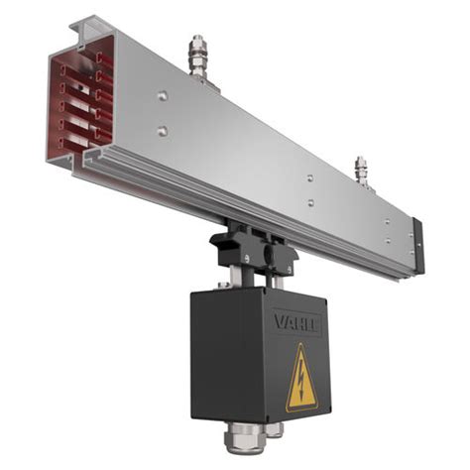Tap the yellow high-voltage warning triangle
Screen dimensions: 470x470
pyautogui.click(x=301, y=380)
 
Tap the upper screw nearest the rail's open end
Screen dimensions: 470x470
pyautogui.click(x=163, y=97)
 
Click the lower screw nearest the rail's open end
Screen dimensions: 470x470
pyautogui.click(x=163, y=130)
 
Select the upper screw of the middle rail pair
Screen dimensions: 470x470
pyautogui.click(x=310, y=178)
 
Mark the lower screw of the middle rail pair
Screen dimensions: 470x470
pyautogui.click(x=310, y=202)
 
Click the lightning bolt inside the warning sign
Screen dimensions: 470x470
pyautogui.click(x=302, y=382)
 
